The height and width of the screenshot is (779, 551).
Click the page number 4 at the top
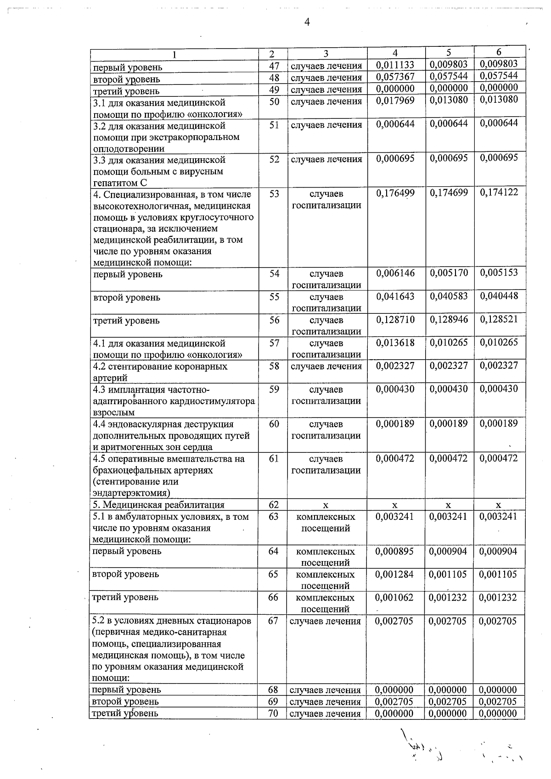(x=307, y=22)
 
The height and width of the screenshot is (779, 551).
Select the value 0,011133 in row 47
(x=395, y=66)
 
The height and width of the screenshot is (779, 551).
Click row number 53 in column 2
(x=274, y=194)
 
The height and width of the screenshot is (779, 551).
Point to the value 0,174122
(x=499, y=193)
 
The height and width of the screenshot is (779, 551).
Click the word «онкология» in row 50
(x=219, y=114)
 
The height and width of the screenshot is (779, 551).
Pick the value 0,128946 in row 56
(x=449, y=320)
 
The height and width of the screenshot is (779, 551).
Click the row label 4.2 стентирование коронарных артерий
(x=160, y=372)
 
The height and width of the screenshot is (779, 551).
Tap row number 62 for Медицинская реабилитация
(x=274, y=505)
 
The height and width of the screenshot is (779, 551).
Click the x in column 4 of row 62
(x=395, y=505)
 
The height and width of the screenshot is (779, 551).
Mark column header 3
(x=326, y=54)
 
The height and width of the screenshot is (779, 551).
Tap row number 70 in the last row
(x=273, y=713)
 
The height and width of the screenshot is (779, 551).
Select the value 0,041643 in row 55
(x=395, y=297)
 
